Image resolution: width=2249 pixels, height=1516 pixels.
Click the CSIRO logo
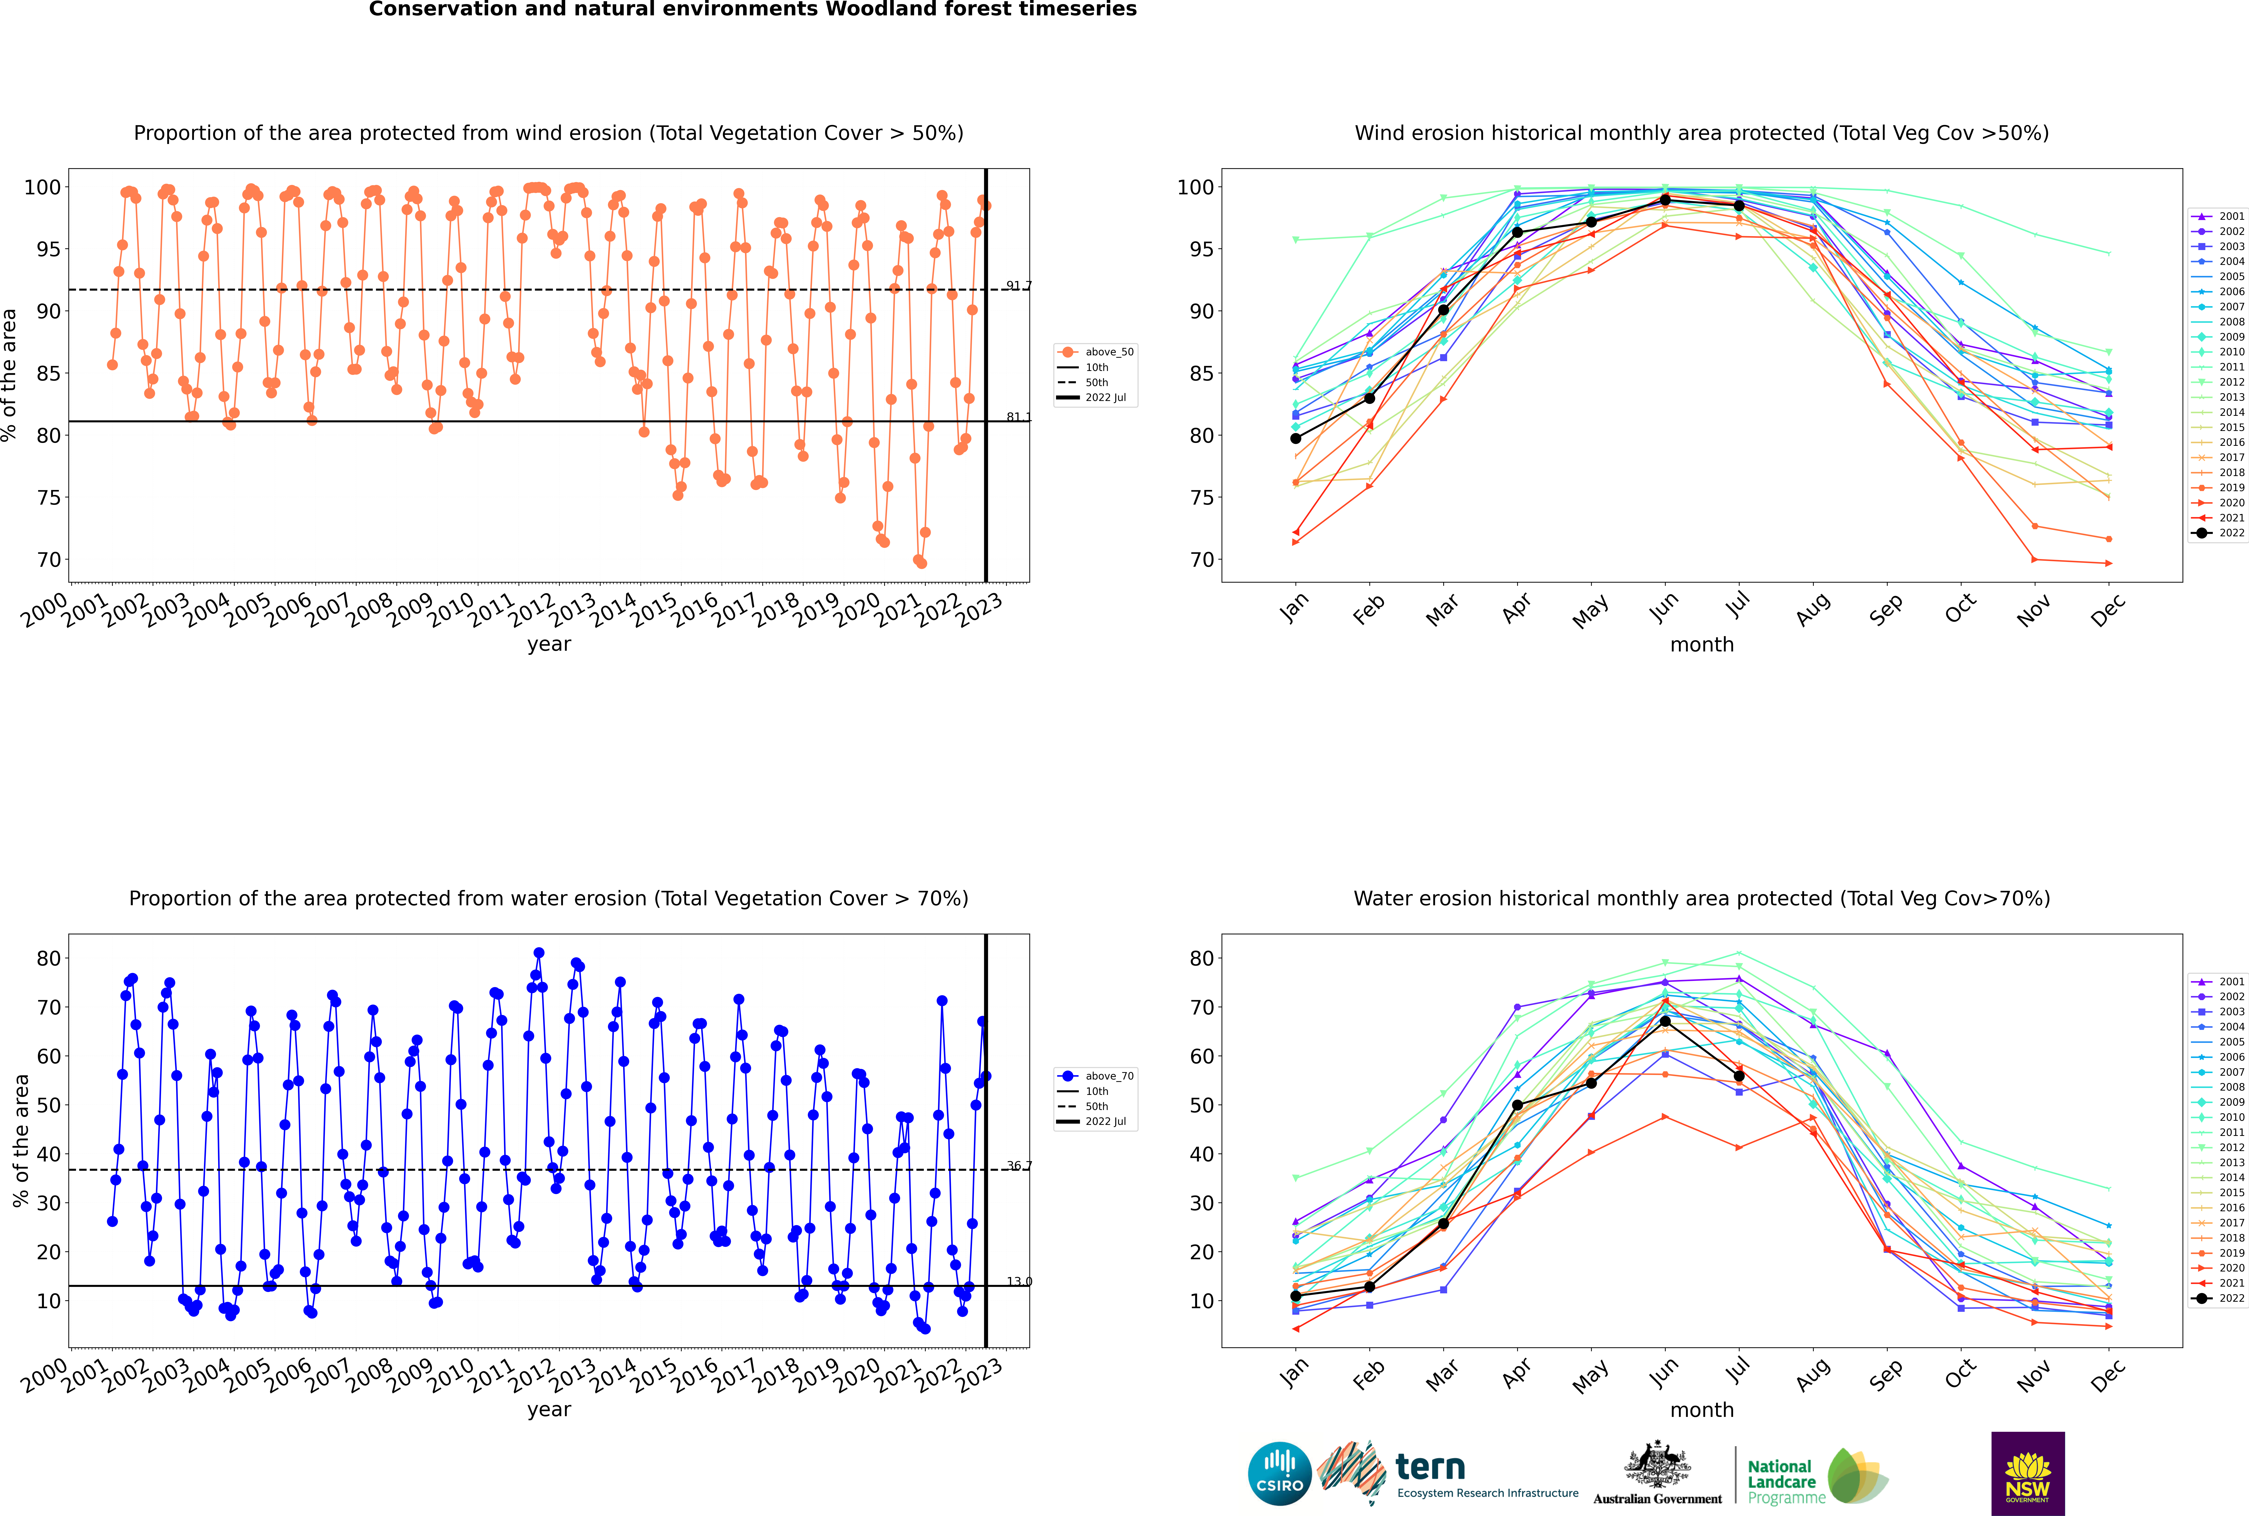click(x=1279, y=1474)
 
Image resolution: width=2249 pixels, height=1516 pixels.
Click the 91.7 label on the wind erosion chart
click(x=1019, y=286)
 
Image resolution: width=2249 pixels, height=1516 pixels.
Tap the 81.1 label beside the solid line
click(x=1019, y=418)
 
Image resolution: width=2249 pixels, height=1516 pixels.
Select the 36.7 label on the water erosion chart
click(x=1019, y=1166)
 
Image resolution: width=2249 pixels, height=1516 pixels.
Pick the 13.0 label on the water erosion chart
click(x=1019, y=1282)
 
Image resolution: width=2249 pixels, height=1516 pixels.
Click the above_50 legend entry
click(x=1096, y=352)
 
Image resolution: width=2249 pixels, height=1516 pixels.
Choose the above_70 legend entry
click(x=1096, y=1076)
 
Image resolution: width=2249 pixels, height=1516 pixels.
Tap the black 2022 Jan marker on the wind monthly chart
click(x=1296, y=438)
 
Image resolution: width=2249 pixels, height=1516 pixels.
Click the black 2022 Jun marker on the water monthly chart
click(x=1665, y=1021)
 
